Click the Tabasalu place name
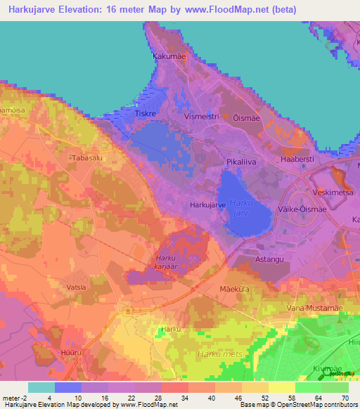88,159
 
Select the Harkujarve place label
207,204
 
